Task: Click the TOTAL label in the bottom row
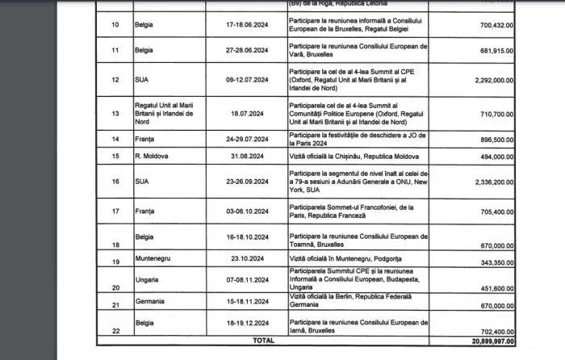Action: coord(263,341)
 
